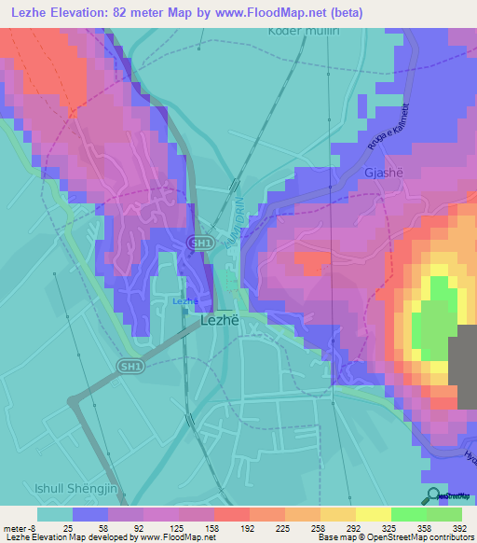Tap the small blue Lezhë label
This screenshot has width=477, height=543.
point(184,300)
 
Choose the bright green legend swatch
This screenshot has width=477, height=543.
point(408,514)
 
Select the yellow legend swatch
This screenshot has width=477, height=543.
point(373,514)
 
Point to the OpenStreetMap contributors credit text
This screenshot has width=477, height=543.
point(410,537)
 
